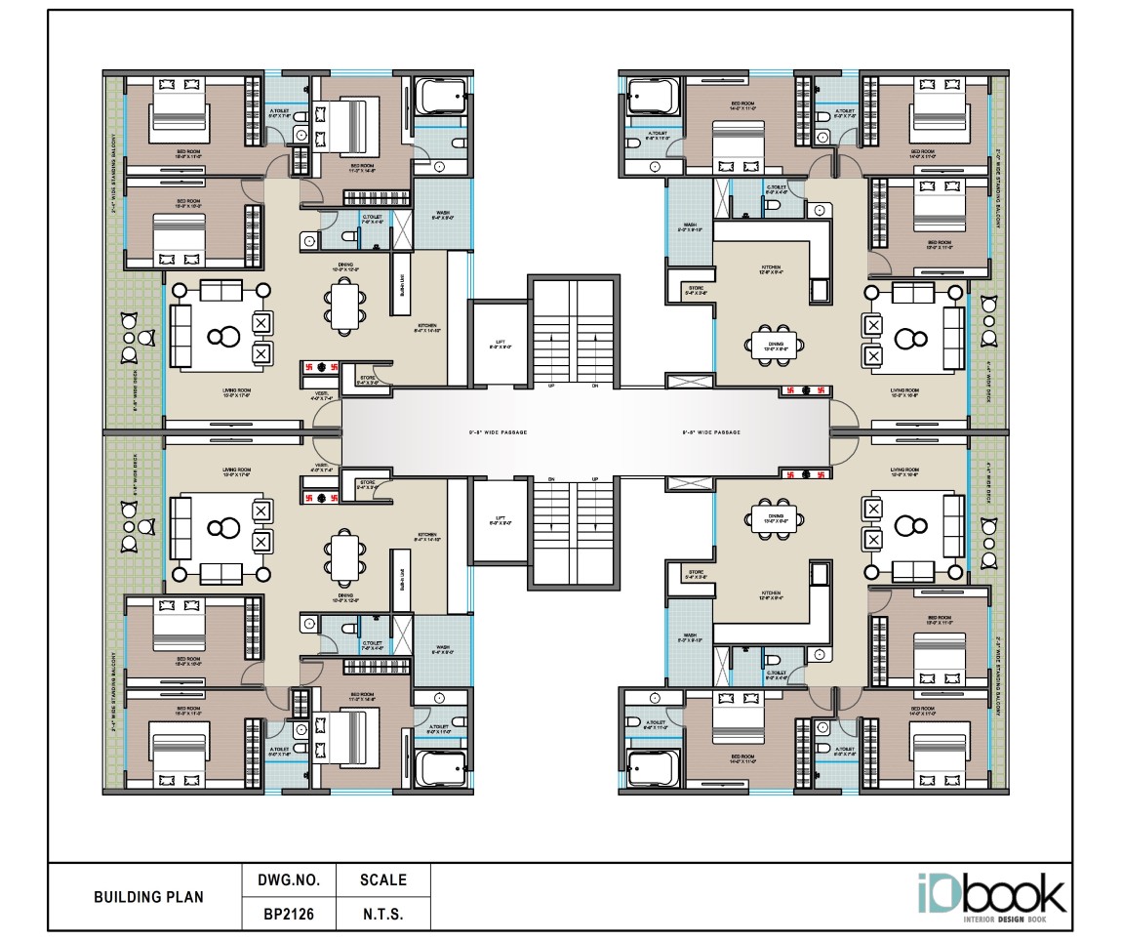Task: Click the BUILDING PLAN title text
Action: [148, 897]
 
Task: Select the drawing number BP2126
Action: [288, 916]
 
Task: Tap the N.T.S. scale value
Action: [382, 916]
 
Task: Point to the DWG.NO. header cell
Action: [288, 879]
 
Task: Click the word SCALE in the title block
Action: [382, 879]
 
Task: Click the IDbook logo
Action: [990, 896]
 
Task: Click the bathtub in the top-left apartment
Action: [443, 99]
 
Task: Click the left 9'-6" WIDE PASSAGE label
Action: [484, 431]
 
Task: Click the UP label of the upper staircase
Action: [552, 386]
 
